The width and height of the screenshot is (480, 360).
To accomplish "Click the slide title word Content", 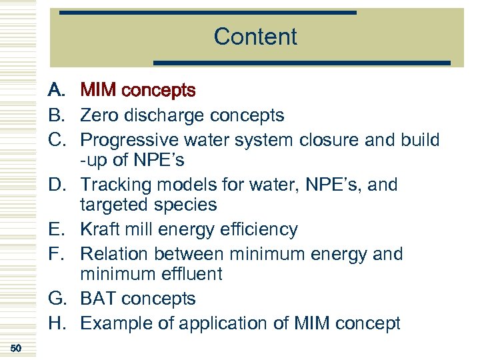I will [x=255, y=37].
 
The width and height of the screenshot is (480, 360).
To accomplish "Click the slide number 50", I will [x=17, y=348].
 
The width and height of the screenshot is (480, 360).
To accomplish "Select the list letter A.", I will [x=56, y=90].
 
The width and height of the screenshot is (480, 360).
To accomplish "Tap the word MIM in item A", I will [x=97, y=90].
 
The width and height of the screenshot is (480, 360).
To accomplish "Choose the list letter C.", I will [x=56, y=140].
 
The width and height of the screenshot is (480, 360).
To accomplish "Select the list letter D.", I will [x=56, y=185].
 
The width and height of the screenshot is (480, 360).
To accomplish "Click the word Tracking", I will [x=113, y=185].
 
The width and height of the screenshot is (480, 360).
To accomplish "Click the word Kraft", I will [x=99, y=229].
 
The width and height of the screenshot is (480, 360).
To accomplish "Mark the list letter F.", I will [x=56, y=254].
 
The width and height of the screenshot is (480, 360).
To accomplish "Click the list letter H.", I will [x=56, y=323].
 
